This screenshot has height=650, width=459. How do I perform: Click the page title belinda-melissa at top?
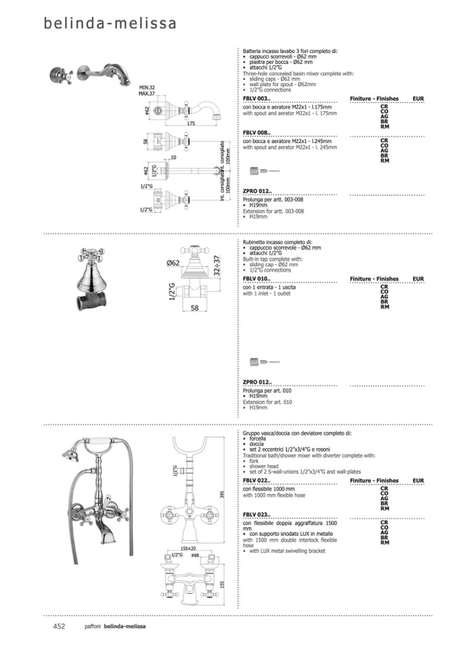click(110, 24)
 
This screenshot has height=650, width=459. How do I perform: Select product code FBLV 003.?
click(257, 99)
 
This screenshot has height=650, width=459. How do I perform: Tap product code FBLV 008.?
click(257, 134)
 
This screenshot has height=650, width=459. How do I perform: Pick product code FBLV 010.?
click(257, 279)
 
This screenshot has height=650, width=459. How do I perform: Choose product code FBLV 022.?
click(257, 481)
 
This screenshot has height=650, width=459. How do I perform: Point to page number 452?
click(59, 626)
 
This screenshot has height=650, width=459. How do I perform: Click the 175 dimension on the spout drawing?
click(191, 124)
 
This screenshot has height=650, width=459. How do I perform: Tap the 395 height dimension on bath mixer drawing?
click(222, 495)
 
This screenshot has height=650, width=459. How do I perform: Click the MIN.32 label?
click(147, 87)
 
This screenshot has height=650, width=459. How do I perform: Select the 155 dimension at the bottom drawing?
click(222, 584)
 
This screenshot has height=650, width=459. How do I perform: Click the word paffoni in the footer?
click(93, 626)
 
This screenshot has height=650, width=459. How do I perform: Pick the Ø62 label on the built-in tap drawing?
click(173, 263)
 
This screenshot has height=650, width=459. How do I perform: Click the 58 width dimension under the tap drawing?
click(195, 308)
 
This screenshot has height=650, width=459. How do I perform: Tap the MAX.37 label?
click(147, 93)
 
